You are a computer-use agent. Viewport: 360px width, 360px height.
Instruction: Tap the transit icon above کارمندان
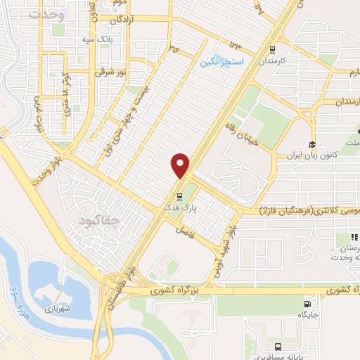[271, 49]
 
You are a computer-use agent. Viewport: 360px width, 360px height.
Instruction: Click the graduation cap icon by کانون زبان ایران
[311, 143]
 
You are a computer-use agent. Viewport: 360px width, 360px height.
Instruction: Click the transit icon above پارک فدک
[180, 197]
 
